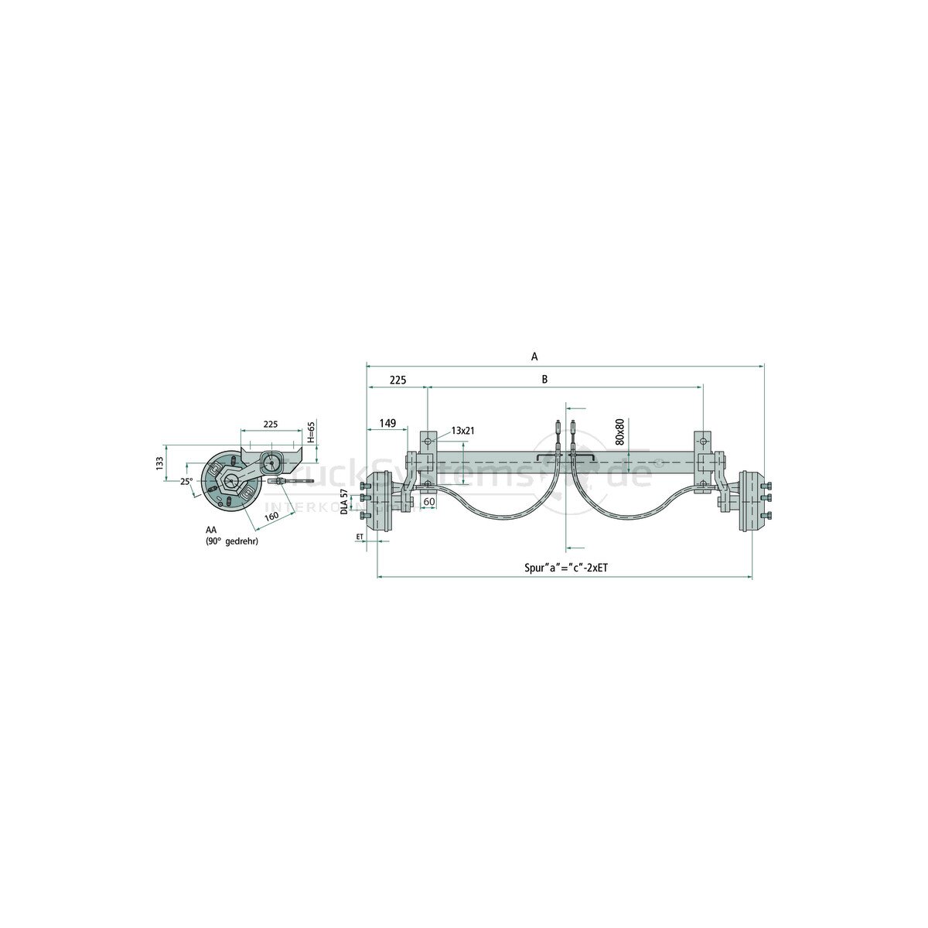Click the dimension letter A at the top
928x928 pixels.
pos(534,357)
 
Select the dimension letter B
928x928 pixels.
pos(545,379)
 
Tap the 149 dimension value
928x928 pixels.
pos(387,423)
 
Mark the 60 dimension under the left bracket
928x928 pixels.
pos(428,501)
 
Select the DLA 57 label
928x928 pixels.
pos(345,501)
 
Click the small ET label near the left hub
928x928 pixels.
pos(360,535)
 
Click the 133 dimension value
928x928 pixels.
pos(159,462)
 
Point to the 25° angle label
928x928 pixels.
pos(186,481)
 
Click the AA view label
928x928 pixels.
pos(210,531)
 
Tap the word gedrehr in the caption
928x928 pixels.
pos(242,541)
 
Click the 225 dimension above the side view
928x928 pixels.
pos(271,424)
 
